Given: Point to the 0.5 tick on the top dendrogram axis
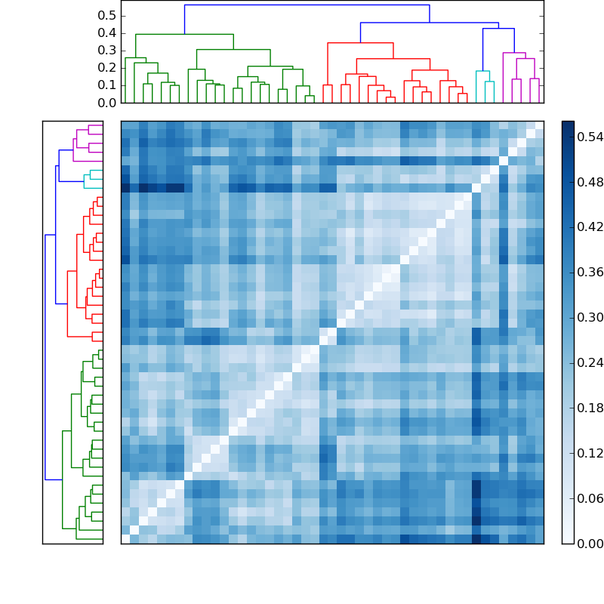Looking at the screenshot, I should point(107,15).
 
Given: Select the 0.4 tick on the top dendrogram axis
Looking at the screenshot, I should point(107,32).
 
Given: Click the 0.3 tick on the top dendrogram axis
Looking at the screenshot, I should point(107,50).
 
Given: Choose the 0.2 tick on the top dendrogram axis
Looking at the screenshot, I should point(107,67).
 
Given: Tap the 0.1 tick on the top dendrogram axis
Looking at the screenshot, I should point(107,85).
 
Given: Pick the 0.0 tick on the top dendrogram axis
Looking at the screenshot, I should point(107,102).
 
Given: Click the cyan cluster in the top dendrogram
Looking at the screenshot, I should point(482,71).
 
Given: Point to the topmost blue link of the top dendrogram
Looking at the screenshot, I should point(307,5).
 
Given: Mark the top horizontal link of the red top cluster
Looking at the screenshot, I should point(360,43).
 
